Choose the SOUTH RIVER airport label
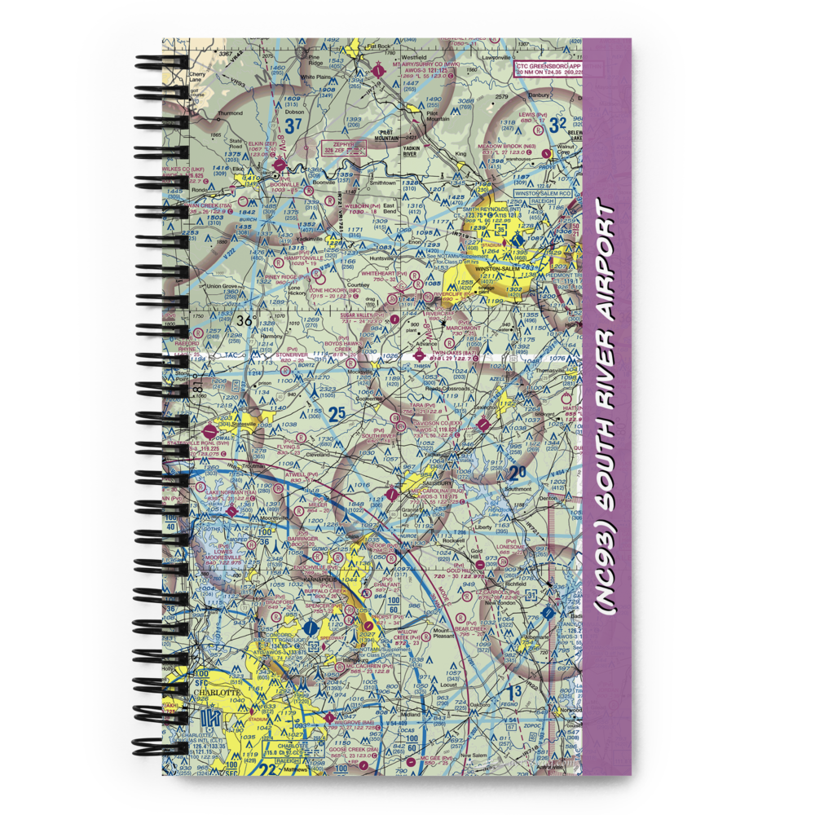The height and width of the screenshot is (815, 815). (381, 436)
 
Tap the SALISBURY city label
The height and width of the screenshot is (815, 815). (441, 473)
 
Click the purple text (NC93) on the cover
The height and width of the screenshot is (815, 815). (606, 593)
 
